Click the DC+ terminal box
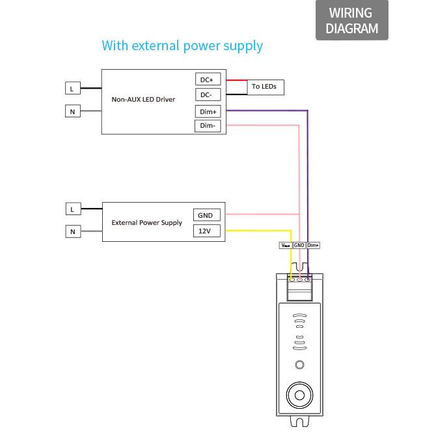tap(208, 79)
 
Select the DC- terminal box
tap(208, 95)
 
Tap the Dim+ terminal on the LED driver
tap(208, 111)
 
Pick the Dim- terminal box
tap(208, 126)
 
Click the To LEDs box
tap(266, 87)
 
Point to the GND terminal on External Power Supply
tap(207, 215)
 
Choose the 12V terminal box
tap(207, 231)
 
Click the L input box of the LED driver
tap(73, 88)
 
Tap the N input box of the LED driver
tap(73, 111)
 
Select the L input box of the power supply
tap(74, 209)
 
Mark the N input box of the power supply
tap(73, 231)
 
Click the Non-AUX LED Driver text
tap(143, 99)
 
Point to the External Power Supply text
tap(147, 223)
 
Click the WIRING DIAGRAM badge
tap(352, 20)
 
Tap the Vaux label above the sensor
tap(286, 245)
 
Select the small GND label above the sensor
tap(299, 245)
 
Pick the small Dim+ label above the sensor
tap(313, 245)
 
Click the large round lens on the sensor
tap(300, 395)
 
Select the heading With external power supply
tap(182, 46)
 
